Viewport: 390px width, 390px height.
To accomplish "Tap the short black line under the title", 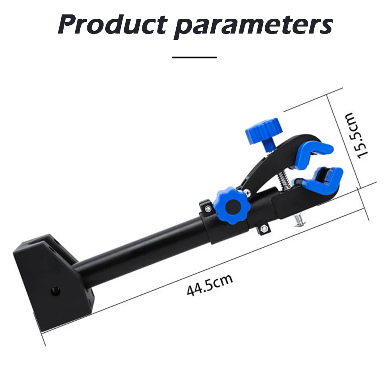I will tap(194, 57).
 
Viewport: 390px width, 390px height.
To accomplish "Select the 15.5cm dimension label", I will tap(357, 135).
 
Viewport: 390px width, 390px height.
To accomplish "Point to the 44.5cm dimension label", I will tap(209, 285).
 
